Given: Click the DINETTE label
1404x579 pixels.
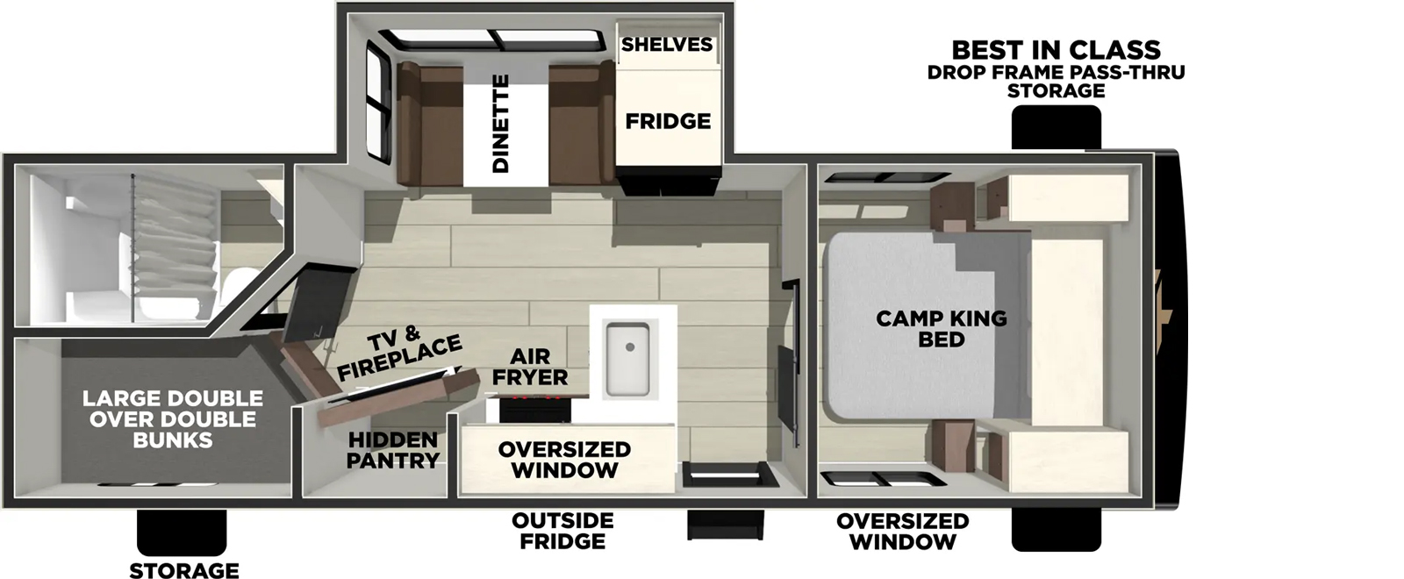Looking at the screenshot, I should [500, 124].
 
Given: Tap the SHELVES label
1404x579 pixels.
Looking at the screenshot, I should [667, 44].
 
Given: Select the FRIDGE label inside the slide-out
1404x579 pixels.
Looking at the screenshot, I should [668, 121].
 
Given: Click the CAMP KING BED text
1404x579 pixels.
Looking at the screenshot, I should [942, 328].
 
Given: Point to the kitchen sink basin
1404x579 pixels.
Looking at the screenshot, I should [627, 358].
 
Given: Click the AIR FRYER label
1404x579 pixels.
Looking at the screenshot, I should [530, 367].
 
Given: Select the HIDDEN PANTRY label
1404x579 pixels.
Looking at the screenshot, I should [392, 449].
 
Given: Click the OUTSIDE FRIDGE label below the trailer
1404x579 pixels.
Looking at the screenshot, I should [562, 531].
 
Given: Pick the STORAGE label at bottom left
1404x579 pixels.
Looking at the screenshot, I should [184, 570].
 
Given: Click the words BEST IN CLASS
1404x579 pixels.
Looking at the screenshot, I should [1056, 49].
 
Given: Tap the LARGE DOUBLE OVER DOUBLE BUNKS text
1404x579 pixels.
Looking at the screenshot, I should [173, 419].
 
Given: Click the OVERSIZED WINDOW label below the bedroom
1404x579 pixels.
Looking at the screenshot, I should [902, 531].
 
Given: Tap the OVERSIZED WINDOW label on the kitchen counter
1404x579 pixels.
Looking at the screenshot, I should [564, 459].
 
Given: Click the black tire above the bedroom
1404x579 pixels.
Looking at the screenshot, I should [1056, 127].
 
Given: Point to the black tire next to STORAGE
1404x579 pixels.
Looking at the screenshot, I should [182, 532].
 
